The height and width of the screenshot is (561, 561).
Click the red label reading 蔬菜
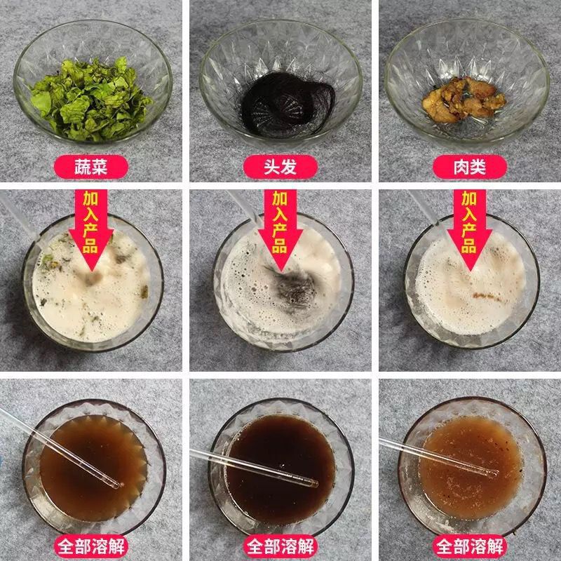point(91,167)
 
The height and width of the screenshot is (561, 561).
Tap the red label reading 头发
point(280,167)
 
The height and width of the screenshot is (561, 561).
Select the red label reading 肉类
point(470,167)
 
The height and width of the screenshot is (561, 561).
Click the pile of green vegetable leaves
point(91,99)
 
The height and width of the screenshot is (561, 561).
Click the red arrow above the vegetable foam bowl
point(91,230)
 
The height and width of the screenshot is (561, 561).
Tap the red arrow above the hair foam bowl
point(280,230)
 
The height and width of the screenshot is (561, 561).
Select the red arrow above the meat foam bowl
point(469,230)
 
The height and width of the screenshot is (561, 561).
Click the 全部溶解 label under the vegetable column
point(91,546)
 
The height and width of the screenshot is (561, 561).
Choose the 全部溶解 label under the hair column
point(280,546)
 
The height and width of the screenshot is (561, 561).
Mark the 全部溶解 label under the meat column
point(470,546)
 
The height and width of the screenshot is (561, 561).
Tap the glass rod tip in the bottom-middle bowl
point(315,484)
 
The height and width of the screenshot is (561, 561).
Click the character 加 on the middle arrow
point(280,198)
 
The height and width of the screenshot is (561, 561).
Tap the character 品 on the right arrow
point(469,246)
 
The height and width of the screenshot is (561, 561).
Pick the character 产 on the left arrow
point(90,231)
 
